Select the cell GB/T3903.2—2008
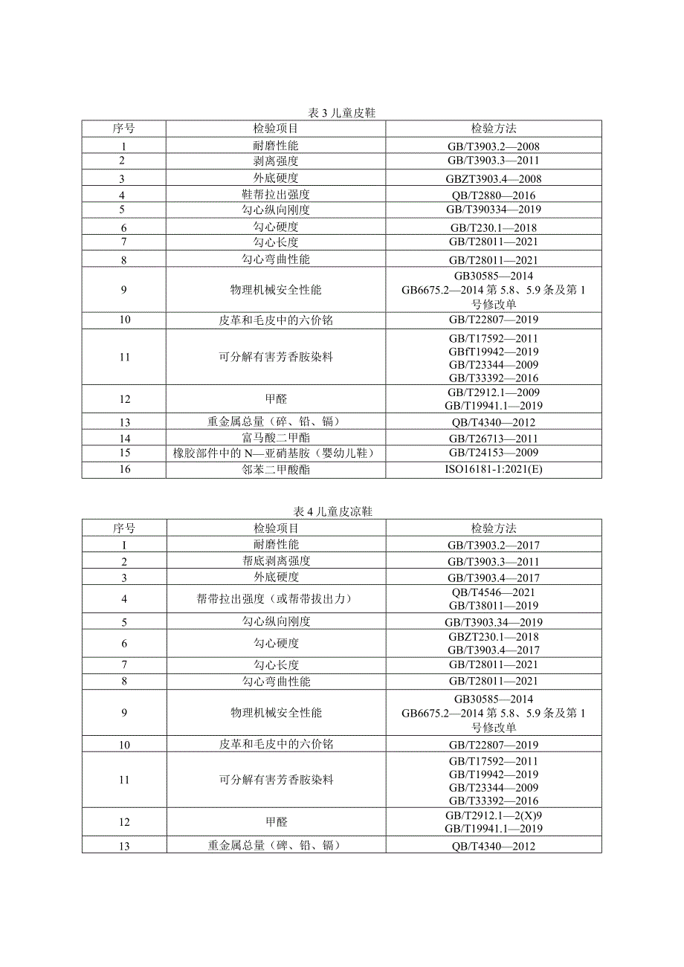494,146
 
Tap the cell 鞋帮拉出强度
276,195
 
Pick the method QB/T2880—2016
494,195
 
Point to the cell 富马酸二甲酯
276,439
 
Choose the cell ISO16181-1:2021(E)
494,470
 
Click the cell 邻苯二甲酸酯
276,470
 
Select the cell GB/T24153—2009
494,453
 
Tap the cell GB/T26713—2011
494,439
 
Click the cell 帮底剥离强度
276,560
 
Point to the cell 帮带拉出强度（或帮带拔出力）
276,599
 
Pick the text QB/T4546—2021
494,592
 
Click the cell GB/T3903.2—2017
494,545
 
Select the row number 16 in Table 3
123,470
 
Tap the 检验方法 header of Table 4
494,528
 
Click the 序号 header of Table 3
123,129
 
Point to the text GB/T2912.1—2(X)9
494,815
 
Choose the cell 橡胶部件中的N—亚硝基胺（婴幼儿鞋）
276,453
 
